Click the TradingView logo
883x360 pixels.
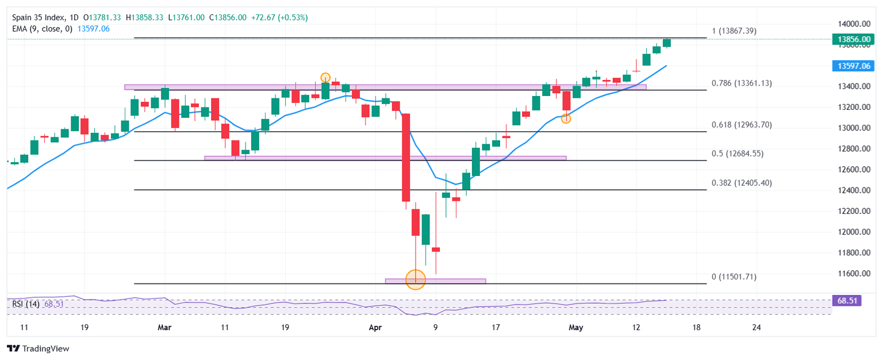coord(37,348)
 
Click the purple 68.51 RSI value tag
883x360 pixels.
coord(846,300)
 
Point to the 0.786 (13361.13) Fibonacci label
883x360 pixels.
coord(742,83)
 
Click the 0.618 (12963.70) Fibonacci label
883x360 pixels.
coord(742,125)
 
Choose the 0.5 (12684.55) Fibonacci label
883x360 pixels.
coord(738,154)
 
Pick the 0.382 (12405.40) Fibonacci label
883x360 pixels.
coord(742,183)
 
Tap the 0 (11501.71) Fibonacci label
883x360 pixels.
coord(734,277)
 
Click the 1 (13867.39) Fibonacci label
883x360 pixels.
coord(734,30)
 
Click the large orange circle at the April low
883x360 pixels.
coord(415,279)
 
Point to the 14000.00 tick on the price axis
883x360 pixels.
coord(851,24)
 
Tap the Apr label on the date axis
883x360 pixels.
coord(375,328)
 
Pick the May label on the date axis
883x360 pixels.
coord(575,328)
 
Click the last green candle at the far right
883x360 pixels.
coord(667,43)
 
